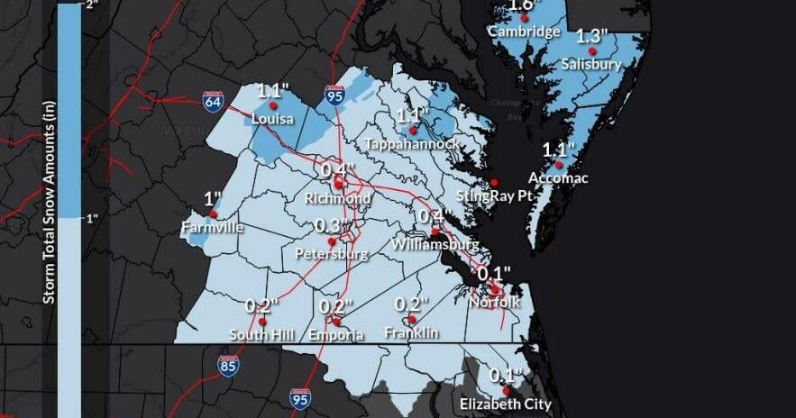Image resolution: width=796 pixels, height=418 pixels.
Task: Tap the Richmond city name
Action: [337, 198]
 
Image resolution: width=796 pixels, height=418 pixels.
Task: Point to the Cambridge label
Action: [523, 32]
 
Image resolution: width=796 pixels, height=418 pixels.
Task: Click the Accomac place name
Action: [558, 178]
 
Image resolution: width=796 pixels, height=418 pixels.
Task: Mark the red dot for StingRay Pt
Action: [493, 182]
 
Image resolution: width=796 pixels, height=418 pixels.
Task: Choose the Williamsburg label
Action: [435, 245]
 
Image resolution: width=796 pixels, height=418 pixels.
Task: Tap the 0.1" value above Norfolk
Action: [494, 273]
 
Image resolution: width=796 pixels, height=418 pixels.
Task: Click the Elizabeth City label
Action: [505, 404]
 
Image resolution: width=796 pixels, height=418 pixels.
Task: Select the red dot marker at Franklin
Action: [411, 319]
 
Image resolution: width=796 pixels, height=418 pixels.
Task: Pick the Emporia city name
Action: [335, 335]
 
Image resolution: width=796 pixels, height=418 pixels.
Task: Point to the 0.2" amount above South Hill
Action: [262, 306]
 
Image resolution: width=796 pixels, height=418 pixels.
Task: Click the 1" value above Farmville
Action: [213, 199]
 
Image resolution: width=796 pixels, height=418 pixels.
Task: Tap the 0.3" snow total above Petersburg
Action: [332, 225]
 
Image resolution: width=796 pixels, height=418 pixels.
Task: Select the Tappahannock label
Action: [413, 144]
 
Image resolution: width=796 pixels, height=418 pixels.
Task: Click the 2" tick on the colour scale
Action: [90, 5]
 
